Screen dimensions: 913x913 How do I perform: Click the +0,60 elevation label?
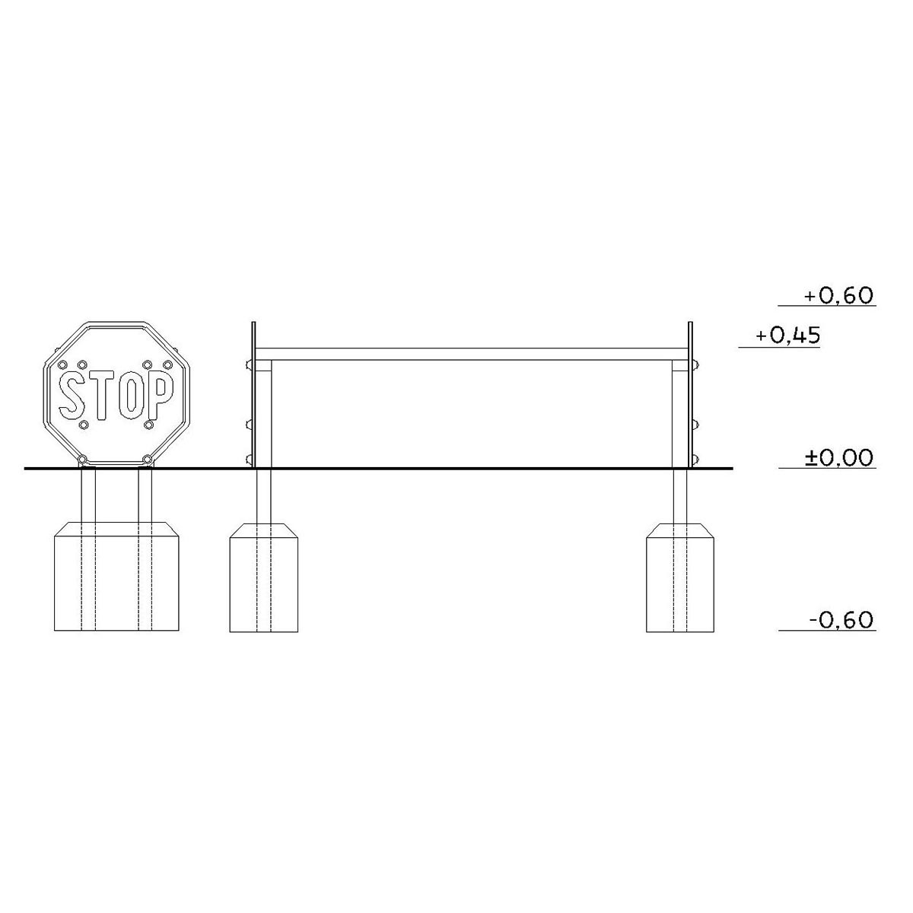[838, 296]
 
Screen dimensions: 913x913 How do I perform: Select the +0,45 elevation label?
[787, 336]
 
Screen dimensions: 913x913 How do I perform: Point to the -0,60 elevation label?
[840, 620]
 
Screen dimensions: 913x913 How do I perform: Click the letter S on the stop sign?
[72, 395]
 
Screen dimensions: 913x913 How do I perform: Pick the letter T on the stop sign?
[101, 395]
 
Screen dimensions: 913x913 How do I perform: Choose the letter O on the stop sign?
[132, 395]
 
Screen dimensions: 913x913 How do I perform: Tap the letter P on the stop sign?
[160, 395]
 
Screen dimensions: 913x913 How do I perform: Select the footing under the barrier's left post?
[264, 577]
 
